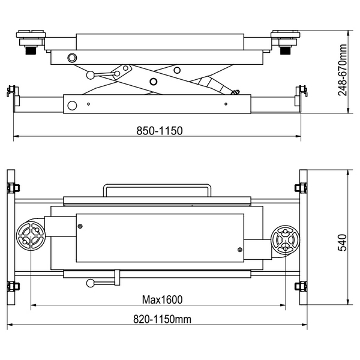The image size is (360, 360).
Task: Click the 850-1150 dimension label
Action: coord(160,131)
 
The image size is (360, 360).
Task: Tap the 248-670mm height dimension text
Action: coord(343,70)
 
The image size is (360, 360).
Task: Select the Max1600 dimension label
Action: coord(162,299)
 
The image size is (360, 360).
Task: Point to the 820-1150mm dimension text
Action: coord(162,319)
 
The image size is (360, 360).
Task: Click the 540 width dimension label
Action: coord(343,242)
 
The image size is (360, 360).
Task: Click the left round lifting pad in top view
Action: coord(31,235)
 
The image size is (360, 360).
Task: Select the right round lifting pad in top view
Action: coord(285,239)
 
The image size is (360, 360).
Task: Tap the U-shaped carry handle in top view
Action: coord(157,185)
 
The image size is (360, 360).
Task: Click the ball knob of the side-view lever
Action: coord(91,75)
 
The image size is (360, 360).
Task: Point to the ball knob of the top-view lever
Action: coord(90,283)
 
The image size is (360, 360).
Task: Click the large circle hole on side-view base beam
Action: coord(72,106)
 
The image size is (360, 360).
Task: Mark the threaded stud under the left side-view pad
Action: coord(30,50)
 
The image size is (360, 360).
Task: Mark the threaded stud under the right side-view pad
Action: coord(286,50)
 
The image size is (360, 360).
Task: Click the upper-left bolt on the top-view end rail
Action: coord(13,188)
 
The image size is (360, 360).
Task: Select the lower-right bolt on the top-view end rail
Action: coord(301,286)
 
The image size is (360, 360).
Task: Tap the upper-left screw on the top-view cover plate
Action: coord(80,226)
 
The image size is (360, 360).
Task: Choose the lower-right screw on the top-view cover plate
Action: coord(239,250)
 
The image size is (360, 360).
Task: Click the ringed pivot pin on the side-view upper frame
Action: coord(72,58)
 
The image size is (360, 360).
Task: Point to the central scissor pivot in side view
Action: coord(153,81)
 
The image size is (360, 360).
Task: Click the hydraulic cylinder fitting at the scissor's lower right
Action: coord(236,92)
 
